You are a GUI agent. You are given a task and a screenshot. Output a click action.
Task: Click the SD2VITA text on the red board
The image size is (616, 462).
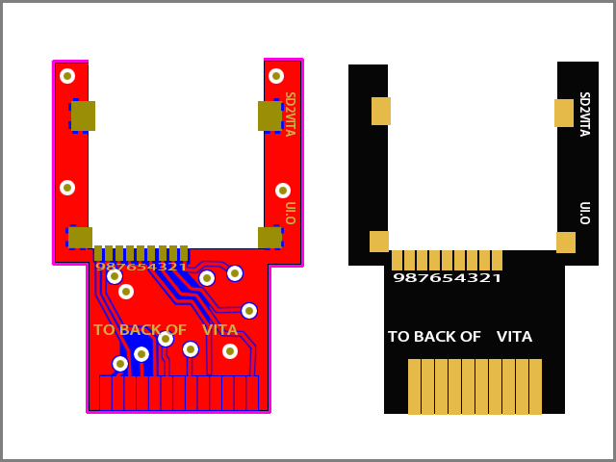coord(289,114)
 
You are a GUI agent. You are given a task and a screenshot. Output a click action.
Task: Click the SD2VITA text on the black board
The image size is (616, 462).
coord(583,114)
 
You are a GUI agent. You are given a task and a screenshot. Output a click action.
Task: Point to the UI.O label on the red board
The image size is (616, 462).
coord(289,213)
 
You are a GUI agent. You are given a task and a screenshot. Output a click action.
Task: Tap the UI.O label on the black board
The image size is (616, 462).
coord(583,213)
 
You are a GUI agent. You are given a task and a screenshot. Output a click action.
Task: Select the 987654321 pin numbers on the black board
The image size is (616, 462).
coord(447,278)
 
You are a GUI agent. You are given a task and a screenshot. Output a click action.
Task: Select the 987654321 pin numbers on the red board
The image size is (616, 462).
coord(141,267)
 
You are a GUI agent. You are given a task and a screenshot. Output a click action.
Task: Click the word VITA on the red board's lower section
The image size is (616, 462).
coord(219,330)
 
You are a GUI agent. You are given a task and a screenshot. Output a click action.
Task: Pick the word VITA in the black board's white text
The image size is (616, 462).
coord(514,337)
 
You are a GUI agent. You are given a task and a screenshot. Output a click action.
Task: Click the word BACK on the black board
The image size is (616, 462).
coord(457,337)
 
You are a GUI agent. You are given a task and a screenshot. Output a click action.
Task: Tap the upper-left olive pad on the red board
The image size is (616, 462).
coord(83,115)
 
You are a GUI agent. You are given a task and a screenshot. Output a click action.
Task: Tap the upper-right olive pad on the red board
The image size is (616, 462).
coord(269,115)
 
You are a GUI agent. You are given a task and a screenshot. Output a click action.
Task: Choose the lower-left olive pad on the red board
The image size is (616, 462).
coord(80,237)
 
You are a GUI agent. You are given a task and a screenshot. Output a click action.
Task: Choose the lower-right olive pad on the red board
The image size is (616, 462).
coord(269,237)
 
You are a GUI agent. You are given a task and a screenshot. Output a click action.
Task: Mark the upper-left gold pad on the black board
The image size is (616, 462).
coord(381,111)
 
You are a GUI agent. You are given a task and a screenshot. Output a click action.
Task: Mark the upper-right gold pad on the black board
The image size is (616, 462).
coord(564,113)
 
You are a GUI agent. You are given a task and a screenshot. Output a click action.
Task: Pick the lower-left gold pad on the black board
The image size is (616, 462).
coord(379,242)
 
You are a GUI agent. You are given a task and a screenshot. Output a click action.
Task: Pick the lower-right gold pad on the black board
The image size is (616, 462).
coord(566,243)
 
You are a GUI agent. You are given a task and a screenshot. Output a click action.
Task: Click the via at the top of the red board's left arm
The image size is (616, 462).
coord(67,76)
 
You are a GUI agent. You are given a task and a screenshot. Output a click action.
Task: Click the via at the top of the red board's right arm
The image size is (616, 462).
coord(276,76)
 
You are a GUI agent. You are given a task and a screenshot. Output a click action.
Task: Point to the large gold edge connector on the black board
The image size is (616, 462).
coord(475,386)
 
